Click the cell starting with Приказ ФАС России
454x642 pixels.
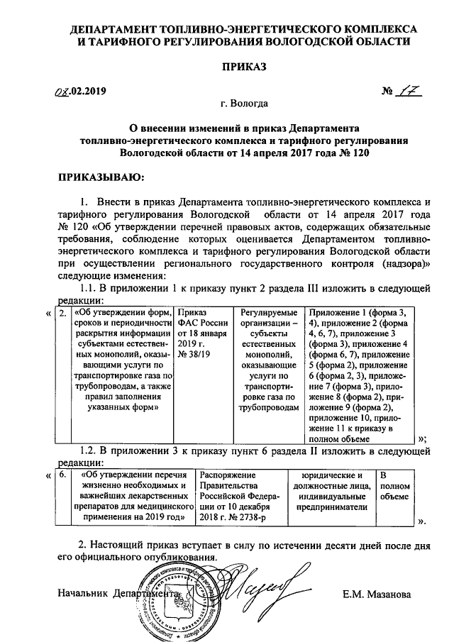tap(203, 333)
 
